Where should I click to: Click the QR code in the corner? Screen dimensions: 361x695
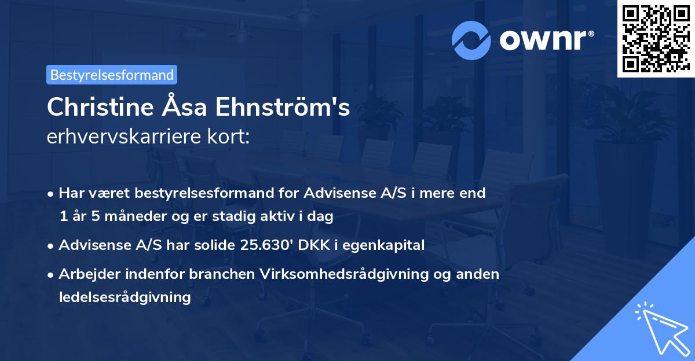tap(654, 38)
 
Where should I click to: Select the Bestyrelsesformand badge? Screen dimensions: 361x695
tap(112, 75)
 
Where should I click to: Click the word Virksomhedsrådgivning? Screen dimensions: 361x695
tap(347, 274)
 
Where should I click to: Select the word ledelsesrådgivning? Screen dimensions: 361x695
tap(125, 297)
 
